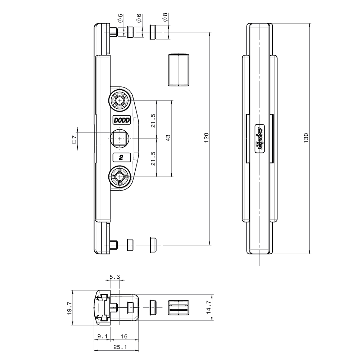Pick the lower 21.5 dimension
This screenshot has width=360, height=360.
pyautogui.click(x=153, y=158)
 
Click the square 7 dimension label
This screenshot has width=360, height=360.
pyautogui.click(x=74, y=139)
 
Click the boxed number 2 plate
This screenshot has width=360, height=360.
pyautogui.click(x=121, y=157)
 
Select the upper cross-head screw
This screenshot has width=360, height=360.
pyautogui.click(x=120, y=100)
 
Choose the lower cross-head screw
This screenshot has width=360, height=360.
pyautogui.click(x=120, y=176)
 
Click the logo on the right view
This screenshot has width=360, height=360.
pyautogui.click(x=259, y=139)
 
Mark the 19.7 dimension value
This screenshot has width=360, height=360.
pyautogui.click(x=69, y=308)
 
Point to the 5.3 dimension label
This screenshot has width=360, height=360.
pyautogui.click(x=114, y=277)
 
